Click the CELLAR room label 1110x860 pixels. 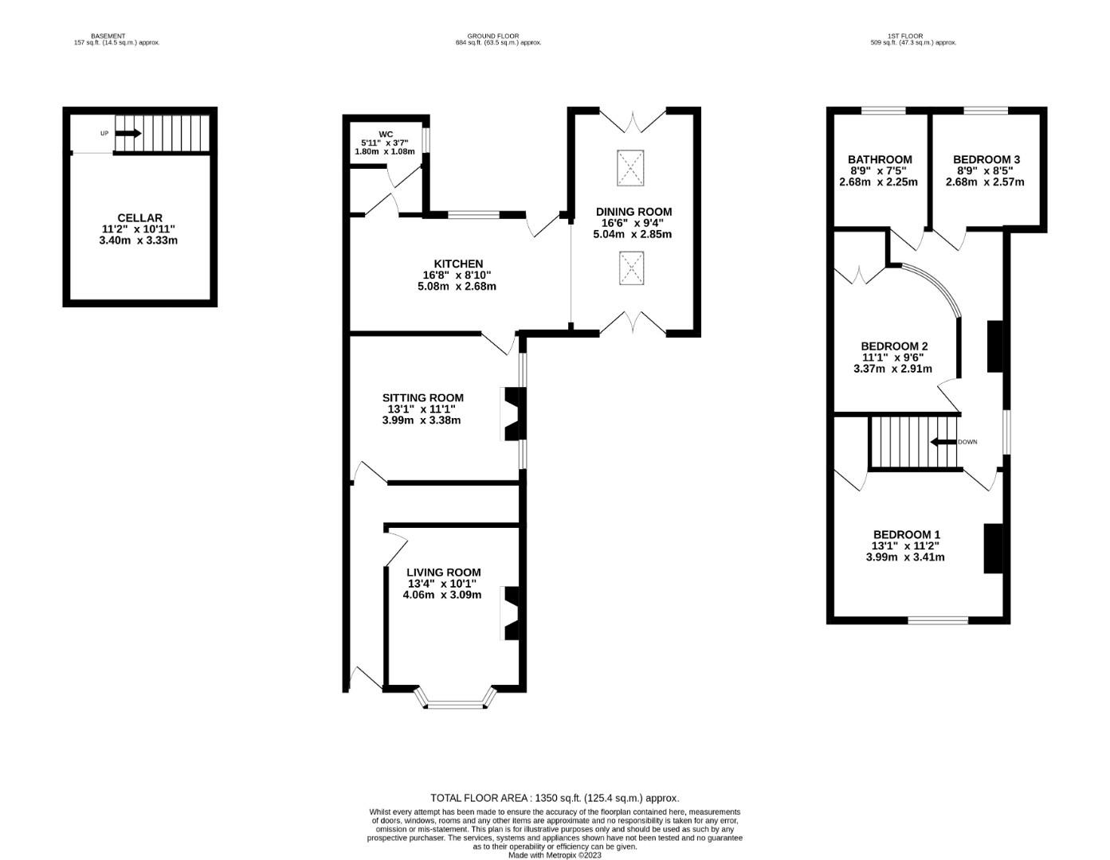[x=139, y=218]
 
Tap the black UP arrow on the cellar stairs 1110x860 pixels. [x=128, y=133]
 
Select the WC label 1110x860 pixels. [x=386, y=135]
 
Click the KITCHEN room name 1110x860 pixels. [x=458, y=264]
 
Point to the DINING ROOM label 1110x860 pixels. [x=634, y=212]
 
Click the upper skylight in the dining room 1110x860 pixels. [x=630, y=168]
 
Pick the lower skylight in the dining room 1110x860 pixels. [x=631, y=268]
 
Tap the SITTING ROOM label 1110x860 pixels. [x=423, y=397]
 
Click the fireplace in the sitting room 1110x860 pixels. [x=512, y=414]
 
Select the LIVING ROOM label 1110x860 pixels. [x=443, y=573]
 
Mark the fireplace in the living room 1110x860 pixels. [x=512, y=613]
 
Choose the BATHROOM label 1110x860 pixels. [x=880, y=160]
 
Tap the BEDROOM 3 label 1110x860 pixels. [x=986, y=160]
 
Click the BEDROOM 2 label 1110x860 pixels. [x=894, y=346]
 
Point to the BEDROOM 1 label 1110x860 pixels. [x=907, y=534]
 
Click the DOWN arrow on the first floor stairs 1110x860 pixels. [x=943, y=442]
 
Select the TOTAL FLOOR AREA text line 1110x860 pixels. [x=555, y=798]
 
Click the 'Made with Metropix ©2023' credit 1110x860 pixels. [x=555, y=855]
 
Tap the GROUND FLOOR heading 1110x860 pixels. [x=493, y=37]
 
